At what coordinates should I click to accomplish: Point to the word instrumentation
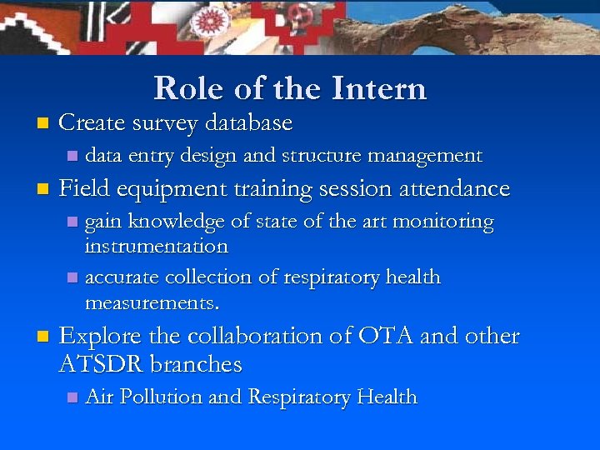tap(156, 247)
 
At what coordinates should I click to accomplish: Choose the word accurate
tap(122, 277)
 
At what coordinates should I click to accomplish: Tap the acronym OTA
tap(386, 337)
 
